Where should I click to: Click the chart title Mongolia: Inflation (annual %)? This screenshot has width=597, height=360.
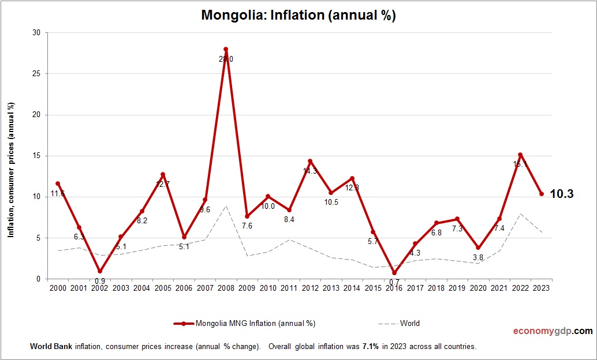point(298,15)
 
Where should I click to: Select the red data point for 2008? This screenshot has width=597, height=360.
point(226,49)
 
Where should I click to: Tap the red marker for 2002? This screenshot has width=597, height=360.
point(100,271)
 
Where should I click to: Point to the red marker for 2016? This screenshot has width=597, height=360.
point(394,273)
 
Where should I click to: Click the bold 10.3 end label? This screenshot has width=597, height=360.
point(561,194)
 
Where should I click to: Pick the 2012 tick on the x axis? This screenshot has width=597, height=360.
point(310,288)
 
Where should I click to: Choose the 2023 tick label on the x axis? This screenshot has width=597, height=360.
point(541,288)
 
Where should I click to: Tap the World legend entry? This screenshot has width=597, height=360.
point(409,323)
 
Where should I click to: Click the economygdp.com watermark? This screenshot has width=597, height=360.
point(553,331)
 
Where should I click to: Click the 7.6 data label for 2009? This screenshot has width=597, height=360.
point(247,226)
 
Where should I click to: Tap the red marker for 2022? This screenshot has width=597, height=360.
point(520,155)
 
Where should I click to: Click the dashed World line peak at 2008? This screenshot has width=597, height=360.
point(226,206)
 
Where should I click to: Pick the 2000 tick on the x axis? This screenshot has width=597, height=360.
point(58,288)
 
